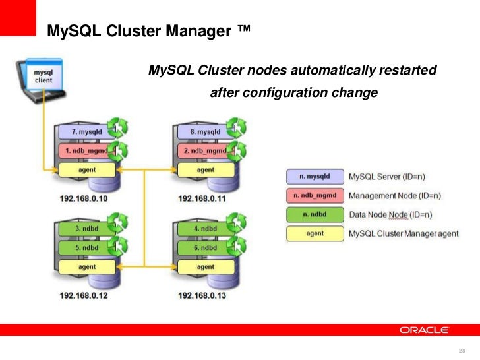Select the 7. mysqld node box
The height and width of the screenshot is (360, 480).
(86, 131)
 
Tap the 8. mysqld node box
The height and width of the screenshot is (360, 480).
(205, 131)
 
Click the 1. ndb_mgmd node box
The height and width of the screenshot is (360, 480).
(86, 150)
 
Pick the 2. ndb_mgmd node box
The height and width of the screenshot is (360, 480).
(205, 150)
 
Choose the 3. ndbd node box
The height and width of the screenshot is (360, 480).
(86, 229)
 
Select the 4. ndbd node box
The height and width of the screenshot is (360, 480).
(205, 229)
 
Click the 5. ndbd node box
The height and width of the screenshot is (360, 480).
(86, 248)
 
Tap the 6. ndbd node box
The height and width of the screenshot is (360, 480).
(205, 248)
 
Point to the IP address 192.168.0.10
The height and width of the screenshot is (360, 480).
(83, 197)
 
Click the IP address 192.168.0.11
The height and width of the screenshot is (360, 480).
(202, 197)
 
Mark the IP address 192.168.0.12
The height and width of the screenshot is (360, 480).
(83, 295)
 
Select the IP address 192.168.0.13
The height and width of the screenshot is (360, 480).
(202, 295)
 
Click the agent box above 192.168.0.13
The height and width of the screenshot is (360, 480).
(205, 267)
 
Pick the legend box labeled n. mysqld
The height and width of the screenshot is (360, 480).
(315, 177)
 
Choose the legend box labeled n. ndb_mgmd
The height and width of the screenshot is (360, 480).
(315, 195)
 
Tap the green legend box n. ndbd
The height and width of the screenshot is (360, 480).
(315, 214)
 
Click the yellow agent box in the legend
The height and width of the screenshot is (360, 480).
(315, 233)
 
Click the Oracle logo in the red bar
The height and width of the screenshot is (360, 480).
(423, 330)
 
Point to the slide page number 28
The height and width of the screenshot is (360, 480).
(461, 349)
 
